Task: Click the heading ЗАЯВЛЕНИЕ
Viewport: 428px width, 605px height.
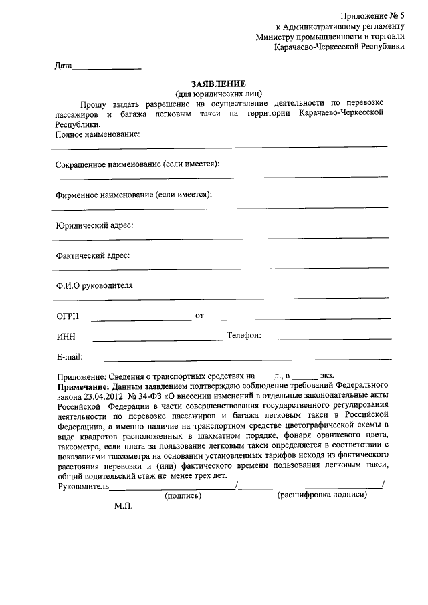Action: pyautogui.click(x=219, y=84)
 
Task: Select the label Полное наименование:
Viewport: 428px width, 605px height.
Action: pyautogui.click(x=98, y=134)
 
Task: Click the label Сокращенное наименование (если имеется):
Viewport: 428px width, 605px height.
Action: pyautogui.click(x=137, y=164)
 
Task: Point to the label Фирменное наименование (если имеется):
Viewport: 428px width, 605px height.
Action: pyautogui.click(x=134, y=195)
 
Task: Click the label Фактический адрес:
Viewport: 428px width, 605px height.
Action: pyautogui.click(x=93, y=255)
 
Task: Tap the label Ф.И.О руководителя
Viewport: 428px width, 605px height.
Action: pyautogui.click(x=94, y=285)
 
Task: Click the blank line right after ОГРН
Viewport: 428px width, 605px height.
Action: pyautogui.click(x=141, y=319)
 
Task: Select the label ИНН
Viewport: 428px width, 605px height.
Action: pyautogui.click(x=66, y=336)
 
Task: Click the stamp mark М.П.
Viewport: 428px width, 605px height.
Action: pyautogui.click(x=124, y=507)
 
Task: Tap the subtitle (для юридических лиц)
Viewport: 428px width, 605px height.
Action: pyautogui.click(x=219, y=94)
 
